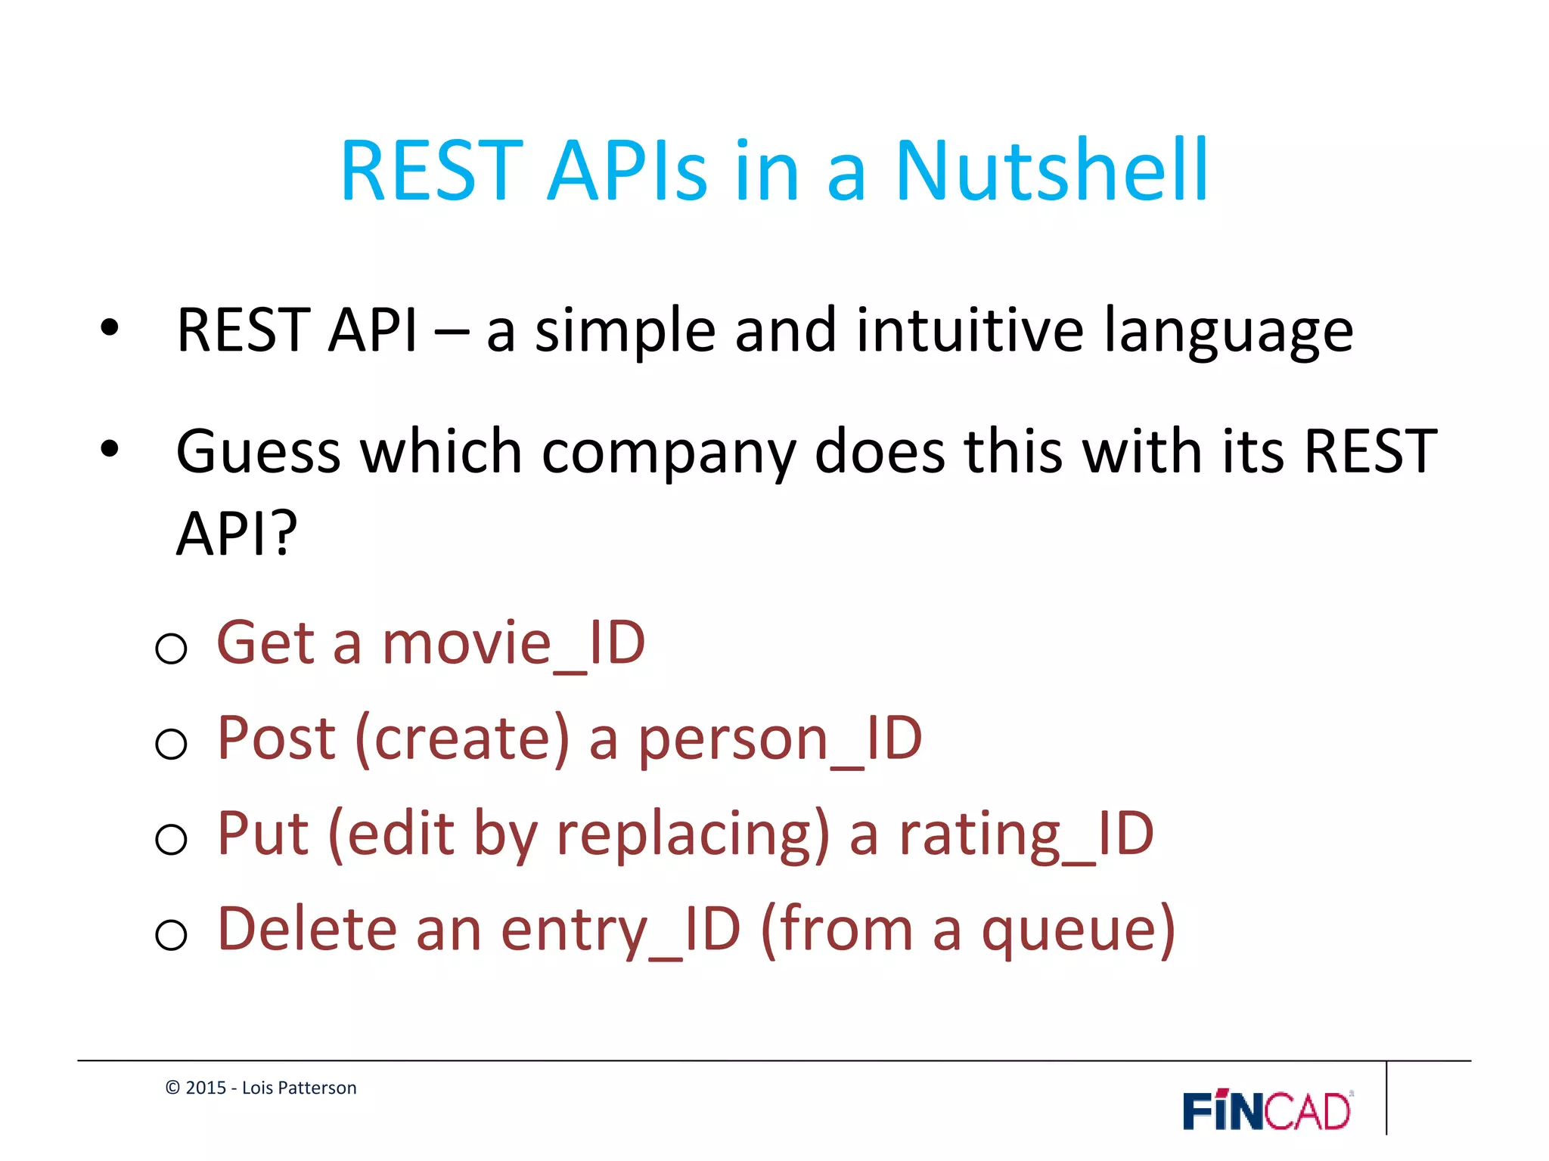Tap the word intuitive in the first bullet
click(970, 330)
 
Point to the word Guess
click(258, 451)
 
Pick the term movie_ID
click(514, 643)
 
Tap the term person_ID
click(780, 738)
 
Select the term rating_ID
click(1026, 834)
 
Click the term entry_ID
click(620, 930)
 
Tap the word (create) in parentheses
click(462, 738)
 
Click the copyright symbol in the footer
click(172, 1088)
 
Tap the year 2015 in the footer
click(206, 1088)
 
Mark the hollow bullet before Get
click(171, 649)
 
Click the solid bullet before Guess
click(110, 449)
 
